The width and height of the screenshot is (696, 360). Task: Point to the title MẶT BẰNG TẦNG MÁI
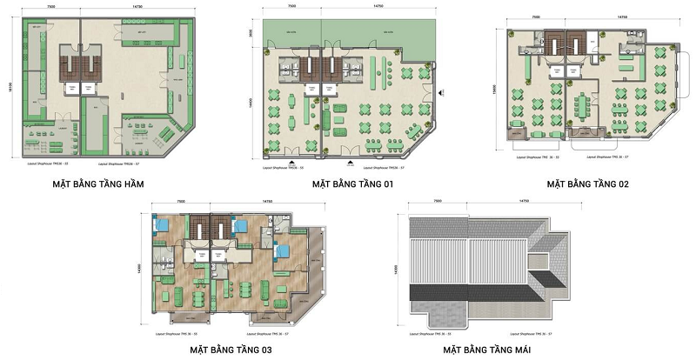tap(485, 350)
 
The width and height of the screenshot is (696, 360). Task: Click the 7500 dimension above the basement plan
tap(52, 10)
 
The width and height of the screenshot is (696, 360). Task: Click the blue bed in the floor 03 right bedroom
tap(280, 252)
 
